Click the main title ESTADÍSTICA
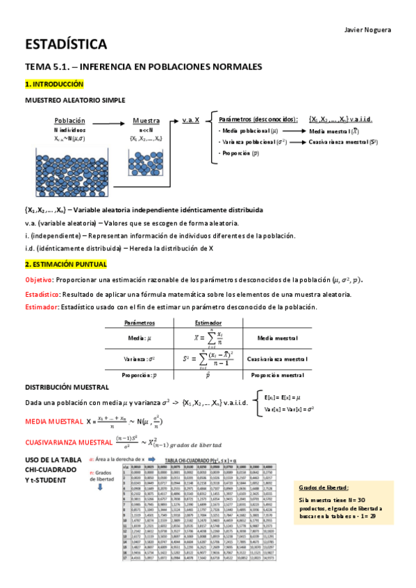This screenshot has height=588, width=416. pyautogui.click(x=66, y=45)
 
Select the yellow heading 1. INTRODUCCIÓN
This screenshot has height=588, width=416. pyautogui.click(x=54, y=84)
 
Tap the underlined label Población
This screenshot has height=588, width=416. pyautogui.click(x=69, y=120)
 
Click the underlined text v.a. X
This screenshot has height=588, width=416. pyautogui.click(x=191, y=120)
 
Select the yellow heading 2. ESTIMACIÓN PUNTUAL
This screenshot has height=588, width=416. pyautogui.click(x=66, y=265)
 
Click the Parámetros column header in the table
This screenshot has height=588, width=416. pyautogui.click(x=139, y=322)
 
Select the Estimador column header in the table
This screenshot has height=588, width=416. pyautogui.click(x=208, y=322)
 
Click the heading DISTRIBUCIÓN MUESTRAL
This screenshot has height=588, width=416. pyautogui.click(x=67, y=387)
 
